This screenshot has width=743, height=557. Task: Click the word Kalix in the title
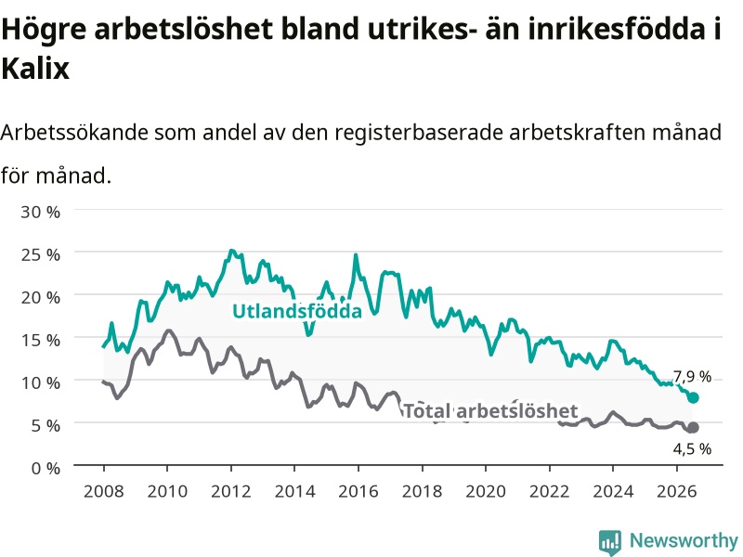pos(35,68)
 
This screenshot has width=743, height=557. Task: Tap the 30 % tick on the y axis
pos(40,212)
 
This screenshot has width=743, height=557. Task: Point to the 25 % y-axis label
pos(40,254)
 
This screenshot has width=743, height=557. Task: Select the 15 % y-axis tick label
pos(40,340)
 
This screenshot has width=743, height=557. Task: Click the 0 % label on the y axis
pos(46,469)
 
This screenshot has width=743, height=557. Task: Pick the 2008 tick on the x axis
pos(104,491)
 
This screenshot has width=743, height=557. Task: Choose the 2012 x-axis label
pos(230,491)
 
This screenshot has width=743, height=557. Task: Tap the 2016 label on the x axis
pos(358,491)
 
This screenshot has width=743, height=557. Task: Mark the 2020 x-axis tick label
pos(486,491)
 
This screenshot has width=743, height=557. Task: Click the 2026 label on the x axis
pos(677,491)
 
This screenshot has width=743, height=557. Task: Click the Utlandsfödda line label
pos(297,311)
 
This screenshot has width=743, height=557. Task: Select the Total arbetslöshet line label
pos(490,410)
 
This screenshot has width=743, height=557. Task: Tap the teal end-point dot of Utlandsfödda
pos(693,397)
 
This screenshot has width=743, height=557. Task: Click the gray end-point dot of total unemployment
pos(693,427)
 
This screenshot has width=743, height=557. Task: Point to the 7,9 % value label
pos(692,377)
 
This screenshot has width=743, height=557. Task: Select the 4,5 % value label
pos(692,448)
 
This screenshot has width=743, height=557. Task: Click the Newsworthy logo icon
pos(610,541)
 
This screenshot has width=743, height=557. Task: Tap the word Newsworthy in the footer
pos(684,540)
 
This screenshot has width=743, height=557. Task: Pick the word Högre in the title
pos(44,30)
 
